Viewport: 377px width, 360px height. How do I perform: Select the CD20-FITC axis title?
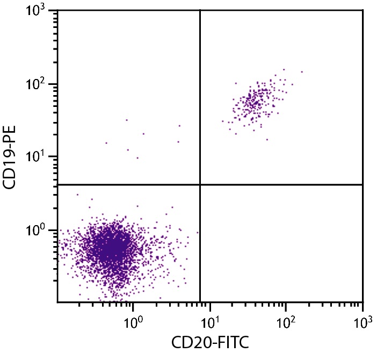[x=209, y=341]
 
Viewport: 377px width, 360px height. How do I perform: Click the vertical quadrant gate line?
[x=200, y=107]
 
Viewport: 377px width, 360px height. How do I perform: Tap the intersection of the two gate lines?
[x=200, y=184]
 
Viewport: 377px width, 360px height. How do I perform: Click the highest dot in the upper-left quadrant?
[x=127, y=120]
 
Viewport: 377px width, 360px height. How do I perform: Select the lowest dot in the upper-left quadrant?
[x=137, y=158]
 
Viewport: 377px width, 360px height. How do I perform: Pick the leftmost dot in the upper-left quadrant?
[x=106, y=143]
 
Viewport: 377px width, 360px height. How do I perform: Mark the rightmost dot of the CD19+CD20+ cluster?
[x=302, y=71]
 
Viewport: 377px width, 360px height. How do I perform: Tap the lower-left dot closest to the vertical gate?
[x=198, y=233]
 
